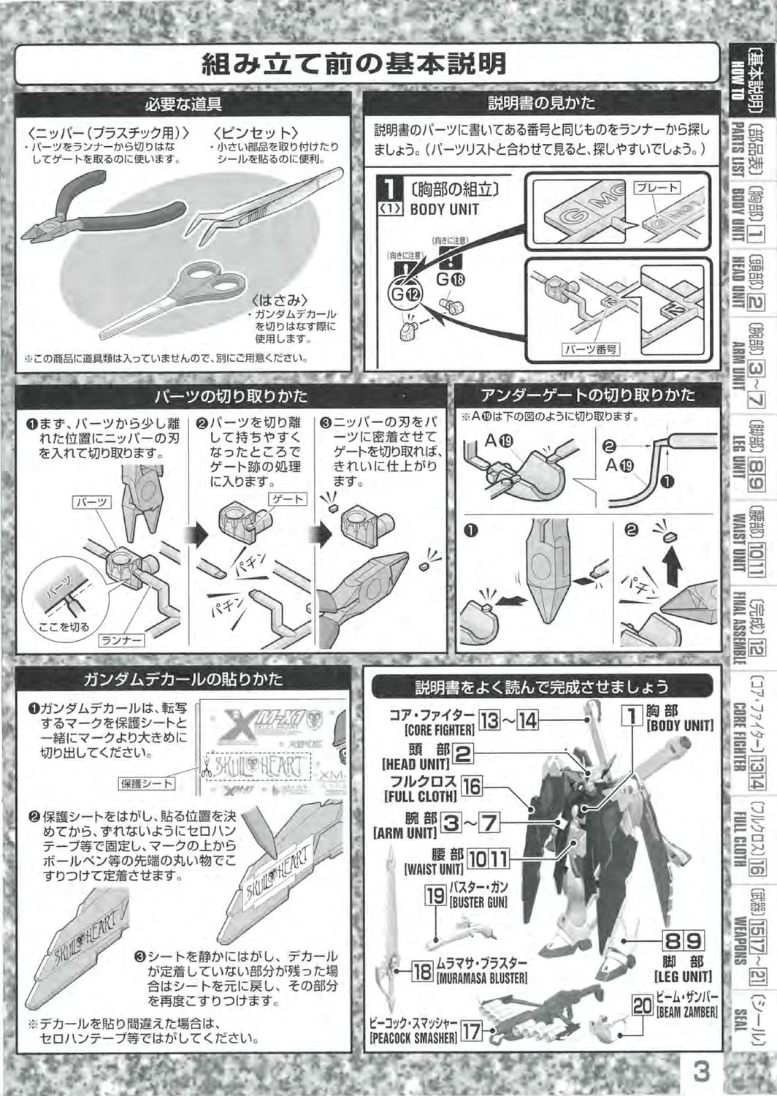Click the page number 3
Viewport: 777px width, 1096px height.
[702, 1072]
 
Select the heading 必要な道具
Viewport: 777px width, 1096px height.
[183, 104]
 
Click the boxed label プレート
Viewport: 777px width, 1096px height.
[657, 188]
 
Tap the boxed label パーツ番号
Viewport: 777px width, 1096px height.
[590, 349]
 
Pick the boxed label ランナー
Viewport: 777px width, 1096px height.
[121, 641]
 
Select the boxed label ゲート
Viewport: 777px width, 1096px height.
[288, 498]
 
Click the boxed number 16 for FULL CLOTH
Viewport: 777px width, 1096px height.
[472, 786]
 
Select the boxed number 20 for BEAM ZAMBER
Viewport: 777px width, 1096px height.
[643, 1006]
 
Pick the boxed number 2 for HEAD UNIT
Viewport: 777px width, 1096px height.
[463, 753]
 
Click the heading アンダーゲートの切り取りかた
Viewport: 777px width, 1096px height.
[587, 395]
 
